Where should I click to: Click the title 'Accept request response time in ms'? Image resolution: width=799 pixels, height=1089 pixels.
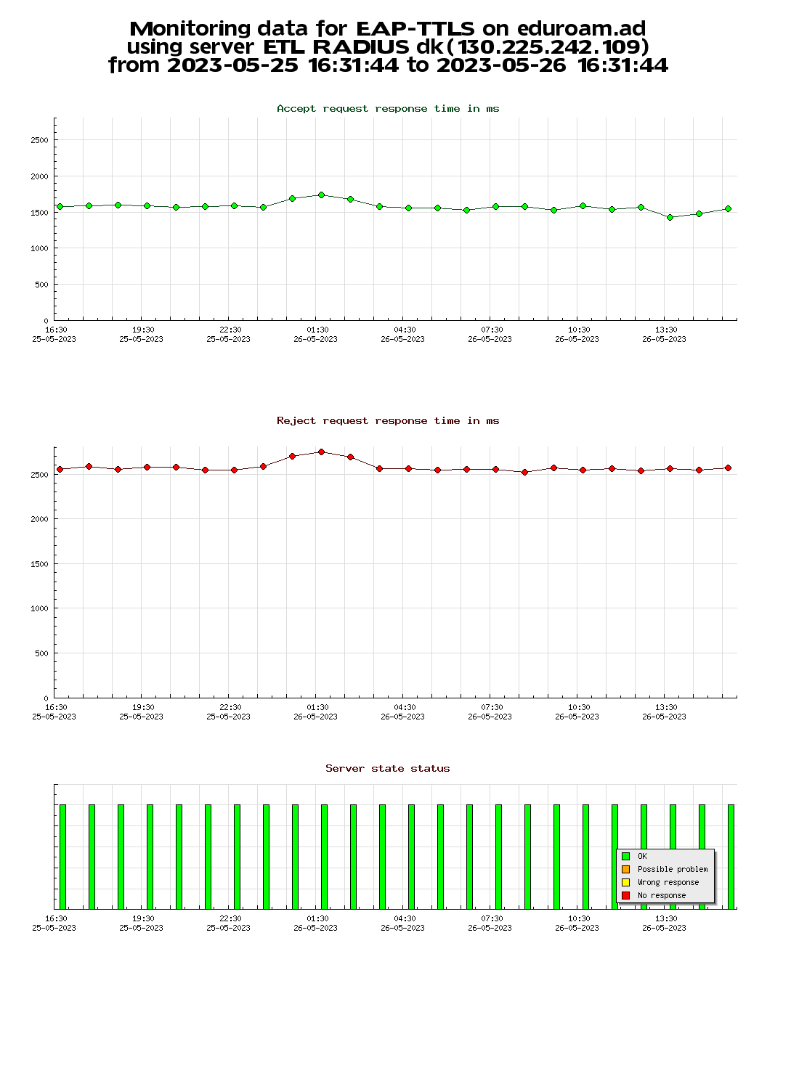pyautogui.click(x=388, y=109)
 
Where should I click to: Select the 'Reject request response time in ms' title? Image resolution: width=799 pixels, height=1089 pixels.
pyautogui.click(x=388, y=421)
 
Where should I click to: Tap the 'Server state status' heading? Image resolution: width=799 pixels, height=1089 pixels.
pyautogui.click(x=388, y=769)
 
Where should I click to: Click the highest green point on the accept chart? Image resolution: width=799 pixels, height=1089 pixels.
pyautogui.click(x=321, y=195)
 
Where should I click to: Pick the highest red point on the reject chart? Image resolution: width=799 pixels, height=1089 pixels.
pyautogui.click(x=321, y=452)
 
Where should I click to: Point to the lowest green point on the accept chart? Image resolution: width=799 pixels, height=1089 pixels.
pyautogui.click(x=670, y=217)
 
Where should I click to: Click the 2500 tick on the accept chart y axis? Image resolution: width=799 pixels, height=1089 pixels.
pyautogui.click(x=39, y=140)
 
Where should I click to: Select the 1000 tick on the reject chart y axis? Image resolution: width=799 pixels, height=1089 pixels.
pyautogui.click(x=39, y=608)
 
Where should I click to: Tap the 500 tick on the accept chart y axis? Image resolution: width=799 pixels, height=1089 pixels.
pyautogui.click(x=41, y=285)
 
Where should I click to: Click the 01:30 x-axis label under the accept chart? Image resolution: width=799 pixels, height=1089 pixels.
pyautogui.click(x=317, y=330)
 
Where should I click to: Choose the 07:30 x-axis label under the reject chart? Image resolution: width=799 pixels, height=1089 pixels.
pyautogui.click(x=491, y=708)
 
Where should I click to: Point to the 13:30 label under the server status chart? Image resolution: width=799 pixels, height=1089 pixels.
pyautogui.click(x=665, y=919)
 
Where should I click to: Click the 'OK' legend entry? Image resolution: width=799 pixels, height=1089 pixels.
pyautogui.click(x=642, y=857)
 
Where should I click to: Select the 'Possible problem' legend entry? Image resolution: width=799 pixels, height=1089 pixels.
pyautogui.click(x=672, y=870)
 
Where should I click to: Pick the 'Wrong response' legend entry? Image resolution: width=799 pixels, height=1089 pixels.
pyautogui.click(x=668, y=883)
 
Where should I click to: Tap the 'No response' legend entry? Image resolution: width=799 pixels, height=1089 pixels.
pyautogui.click(x=661, y=896)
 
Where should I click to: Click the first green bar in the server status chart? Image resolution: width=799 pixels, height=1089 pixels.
pyautogui.click(x=63, y=857)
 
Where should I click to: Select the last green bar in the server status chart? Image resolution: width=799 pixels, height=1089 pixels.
pyautogui.click(x=731, y=857)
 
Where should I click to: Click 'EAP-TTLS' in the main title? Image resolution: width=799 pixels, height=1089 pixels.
pyautogui.click(x=415, y=29)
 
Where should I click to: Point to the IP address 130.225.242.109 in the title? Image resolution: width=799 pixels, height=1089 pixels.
pyautogui.click(x=553, y=47)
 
